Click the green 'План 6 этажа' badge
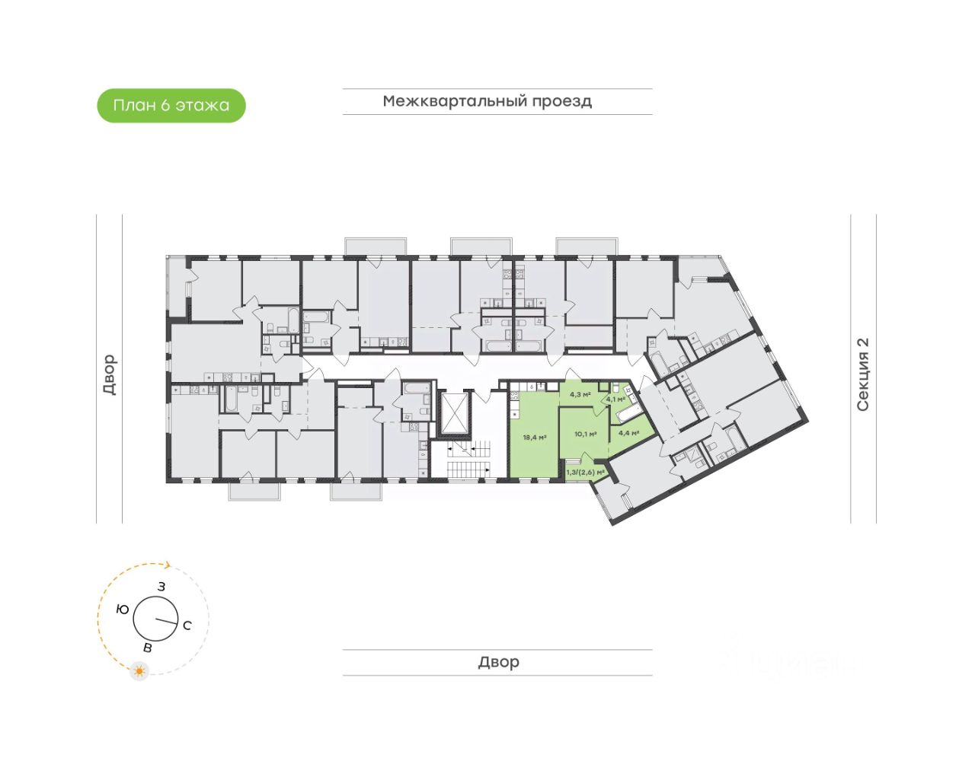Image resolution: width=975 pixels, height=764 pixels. click(x=171, y=105)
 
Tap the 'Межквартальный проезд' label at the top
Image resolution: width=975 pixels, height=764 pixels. click(x=487, y=101)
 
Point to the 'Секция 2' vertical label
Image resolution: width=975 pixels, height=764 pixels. click(x=863, y=374)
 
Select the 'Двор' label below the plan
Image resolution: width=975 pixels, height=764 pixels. click(x=498, y=662)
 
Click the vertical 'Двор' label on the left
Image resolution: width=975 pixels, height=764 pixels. click(x=110, y=374)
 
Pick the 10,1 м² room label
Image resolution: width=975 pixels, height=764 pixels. click(x=585, y=434)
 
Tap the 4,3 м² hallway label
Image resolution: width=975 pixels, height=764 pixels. click(x=580, y=394)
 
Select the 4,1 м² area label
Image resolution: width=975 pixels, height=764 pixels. click(x=615, y=399)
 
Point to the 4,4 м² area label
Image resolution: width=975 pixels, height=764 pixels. click(x=628, y=433)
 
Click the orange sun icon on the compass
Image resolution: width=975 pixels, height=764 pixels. click(x=139, y=671)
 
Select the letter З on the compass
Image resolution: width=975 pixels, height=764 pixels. click(x=161, y=587)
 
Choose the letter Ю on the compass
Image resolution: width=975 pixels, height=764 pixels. click(x=122, y=610)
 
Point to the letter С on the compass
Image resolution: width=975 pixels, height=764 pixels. click(x=187, y=626)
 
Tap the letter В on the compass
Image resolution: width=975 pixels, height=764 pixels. click(x=148, y=648)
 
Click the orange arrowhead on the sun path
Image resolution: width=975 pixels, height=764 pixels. click(x=168, y=565)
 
